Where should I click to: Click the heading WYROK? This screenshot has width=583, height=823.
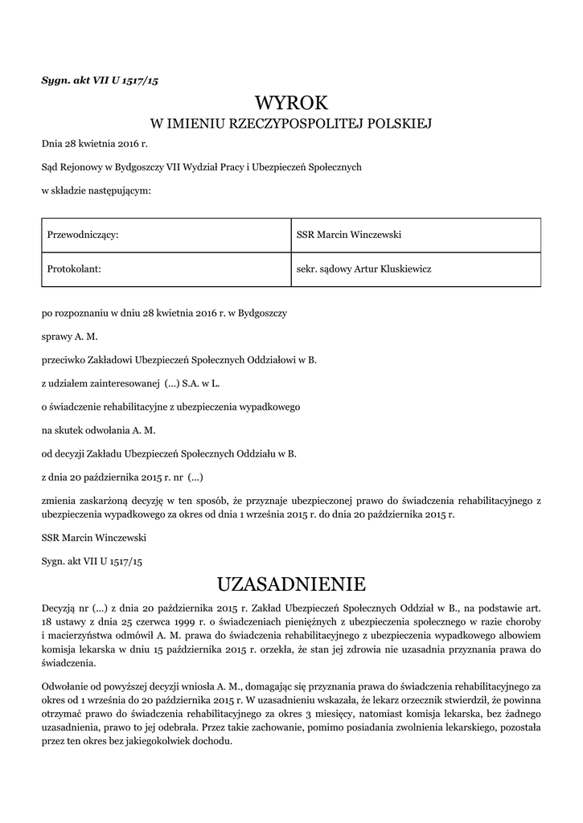tap(291, 102)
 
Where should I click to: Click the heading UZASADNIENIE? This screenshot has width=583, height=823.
tap(291, 583)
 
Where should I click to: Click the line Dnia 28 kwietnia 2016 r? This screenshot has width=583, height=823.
tap(95, 144)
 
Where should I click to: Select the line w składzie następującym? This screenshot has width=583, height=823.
tap(96, 190)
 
